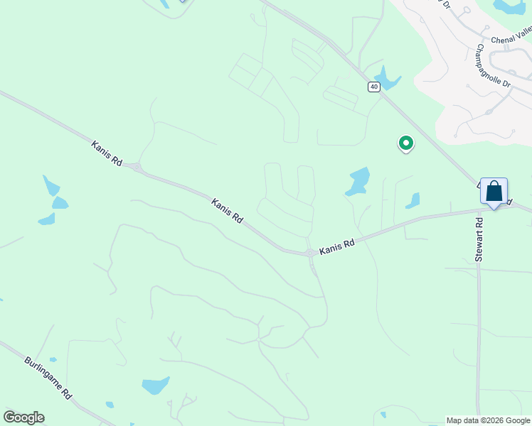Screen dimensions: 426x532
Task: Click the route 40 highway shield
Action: click(x=374, y=87)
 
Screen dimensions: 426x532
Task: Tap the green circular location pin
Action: click(x=405, y=143)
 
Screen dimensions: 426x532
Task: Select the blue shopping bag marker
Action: click(x=494, y=192)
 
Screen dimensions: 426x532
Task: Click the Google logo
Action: click(x=23, y=417)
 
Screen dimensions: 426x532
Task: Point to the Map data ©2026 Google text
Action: click(x=488, y=420)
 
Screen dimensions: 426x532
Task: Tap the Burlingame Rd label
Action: click(x=48, y=378)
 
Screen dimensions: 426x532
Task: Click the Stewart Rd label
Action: click(x=479, y=240)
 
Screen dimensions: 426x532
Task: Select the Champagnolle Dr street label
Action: click(x=494, y=67)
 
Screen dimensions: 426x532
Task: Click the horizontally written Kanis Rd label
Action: click(x=336, y=248)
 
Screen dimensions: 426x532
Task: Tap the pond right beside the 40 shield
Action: click(x=386, y=77)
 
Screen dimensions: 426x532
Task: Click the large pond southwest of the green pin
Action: click(x=358, y=182)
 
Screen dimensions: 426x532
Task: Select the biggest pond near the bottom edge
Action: click(x=155, y=386)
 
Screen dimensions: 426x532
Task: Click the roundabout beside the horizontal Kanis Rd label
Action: click(x=310, y=253)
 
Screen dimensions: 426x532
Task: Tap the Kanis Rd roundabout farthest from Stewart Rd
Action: click(x=136, y=168)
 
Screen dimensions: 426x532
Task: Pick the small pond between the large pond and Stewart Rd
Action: click(x=413, y=201)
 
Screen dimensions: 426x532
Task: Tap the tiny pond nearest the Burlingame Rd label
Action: click(x=53, y=360)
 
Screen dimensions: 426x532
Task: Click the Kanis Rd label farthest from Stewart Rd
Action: click(x=107, y=153)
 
